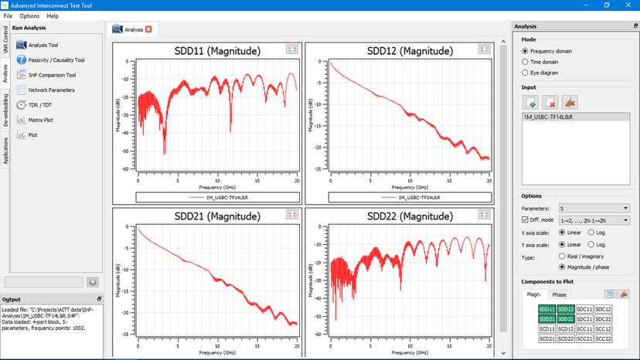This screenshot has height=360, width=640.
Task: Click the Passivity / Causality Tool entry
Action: pos(56,59)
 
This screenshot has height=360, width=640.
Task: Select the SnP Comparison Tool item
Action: pos(52,75)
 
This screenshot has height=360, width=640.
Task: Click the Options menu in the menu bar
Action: pos(29,15)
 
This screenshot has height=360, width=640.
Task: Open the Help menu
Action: pos(53,15)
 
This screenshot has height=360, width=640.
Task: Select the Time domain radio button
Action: pos(526,62)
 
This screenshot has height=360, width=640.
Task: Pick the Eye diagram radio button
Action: pos(526,73)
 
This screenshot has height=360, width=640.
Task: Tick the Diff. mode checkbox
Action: pos(525,219)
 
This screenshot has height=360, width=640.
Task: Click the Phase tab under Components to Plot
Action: pos(559,294)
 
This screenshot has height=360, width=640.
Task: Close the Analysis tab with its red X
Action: pos(148,29)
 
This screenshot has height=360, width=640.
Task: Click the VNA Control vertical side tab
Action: pos(5,44)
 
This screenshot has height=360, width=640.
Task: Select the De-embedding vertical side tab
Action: pos(5,110)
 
